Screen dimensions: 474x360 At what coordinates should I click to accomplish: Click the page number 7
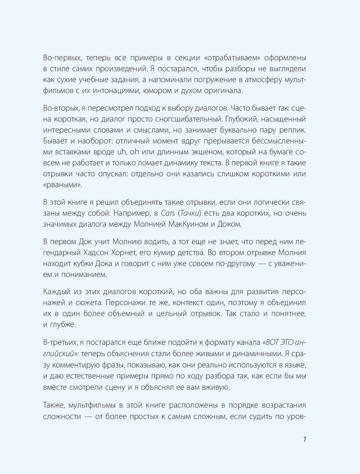coord(305,439)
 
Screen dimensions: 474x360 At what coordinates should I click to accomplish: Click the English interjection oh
coord(135,152)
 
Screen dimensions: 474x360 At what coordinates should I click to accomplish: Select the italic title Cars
coord(168,213)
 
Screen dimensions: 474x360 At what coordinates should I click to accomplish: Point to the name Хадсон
coord(89,253)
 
